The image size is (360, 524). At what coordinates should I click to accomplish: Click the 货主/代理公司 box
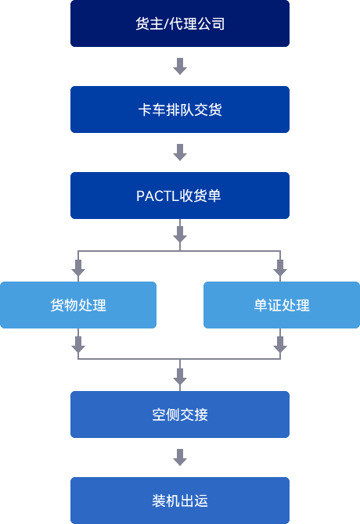(x=180, y=23)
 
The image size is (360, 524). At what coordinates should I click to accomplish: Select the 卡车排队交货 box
(x=180, y=109)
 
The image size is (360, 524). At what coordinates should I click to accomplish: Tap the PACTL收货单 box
(x=180, y=196)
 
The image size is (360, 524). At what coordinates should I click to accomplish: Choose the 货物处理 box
(x=78, y=305)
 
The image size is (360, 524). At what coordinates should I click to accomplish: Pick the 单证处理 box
(x=282, y=305)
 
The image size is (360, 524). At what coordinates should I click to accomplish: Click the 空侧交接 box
(x=180, y=415)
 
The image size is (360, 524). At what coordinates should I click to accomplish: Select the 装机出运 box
(x=180, y=501)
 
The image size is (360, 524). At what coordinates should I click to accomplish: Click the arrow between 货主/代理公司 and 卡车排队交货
(x=180, y=66)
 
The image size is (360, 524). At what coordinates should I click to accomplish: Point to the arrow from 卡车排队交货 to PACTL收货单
(x=180, y=153)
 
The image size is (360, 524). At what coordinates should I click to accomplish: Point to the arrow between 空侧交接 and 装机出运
(x=180, y=458)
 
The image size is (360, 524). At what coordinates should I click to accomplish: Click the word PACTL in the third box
(x=158, y=196)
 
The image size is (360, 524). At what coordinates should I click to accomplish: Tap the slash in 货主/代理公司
(x=166, y=24)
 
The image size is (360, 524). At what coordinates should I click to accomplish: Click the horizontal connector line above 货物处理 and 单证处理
(x=179, y=251)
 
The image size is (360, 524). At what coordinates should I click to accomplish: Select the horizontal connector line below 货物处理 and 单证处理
(x=179, y=359)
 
